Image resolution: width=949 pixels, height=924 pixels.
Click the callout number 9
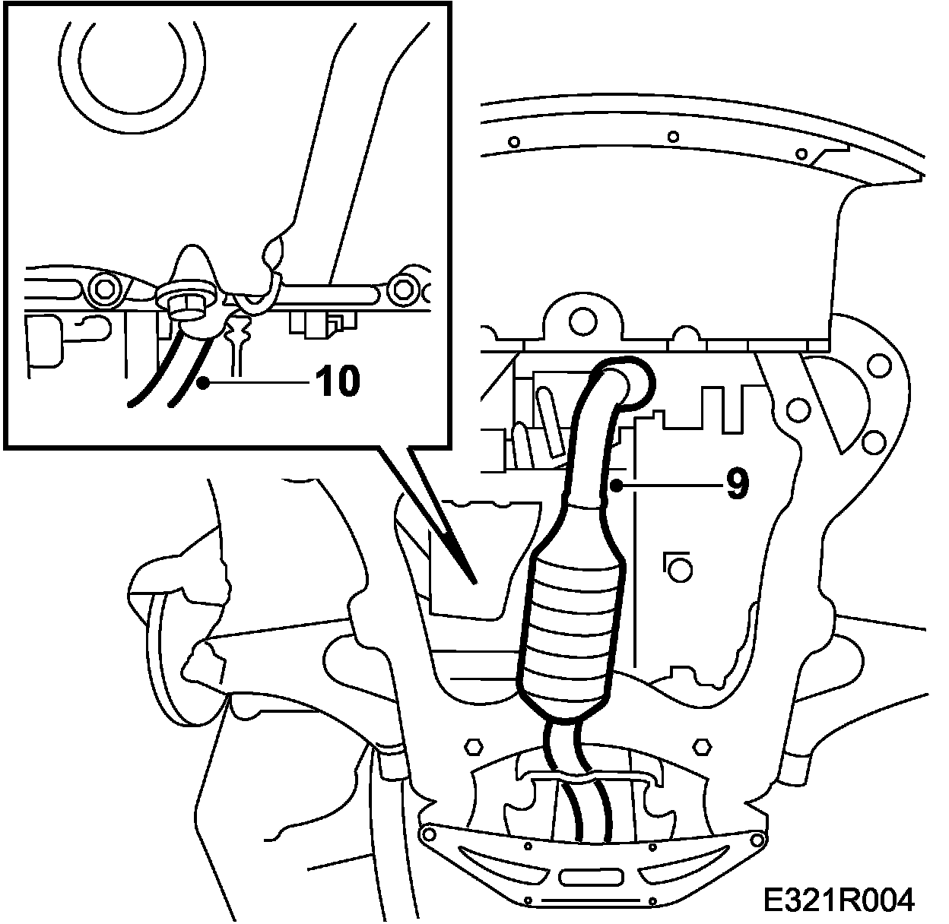(737, 484)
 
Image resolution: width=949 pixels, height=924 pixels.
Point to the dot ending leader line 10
(203, 382)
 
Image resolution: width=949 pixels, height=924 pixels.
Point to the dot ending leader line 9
(620, 484)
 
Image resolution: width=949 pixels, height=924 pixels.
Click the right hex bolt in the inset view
(401, 289)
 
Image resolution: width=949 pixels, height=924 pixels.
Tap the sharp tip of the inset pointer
(474, 583)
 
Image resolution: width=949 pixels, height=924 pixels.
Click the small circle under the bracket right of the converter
(679, 568)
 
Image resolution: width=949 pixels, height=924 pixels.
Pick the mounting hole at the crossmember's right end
(756, 840)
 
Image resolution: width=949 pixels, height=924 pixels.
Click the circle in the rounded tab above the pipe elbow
(583, 319)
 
